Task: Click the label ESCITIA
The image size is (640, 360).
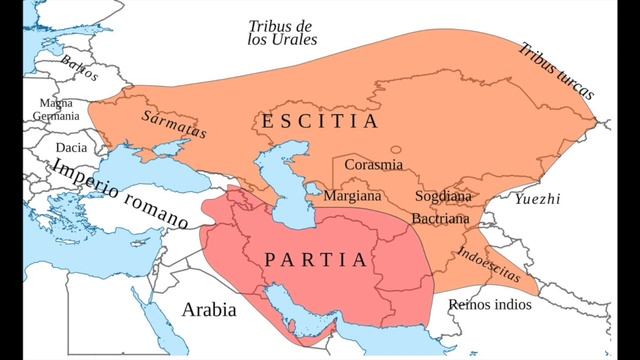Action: coord(320,122)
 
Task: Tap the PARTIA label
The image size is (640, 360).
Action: coord(315,259)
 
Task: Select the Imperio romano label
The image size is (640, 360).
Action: coord(120,192)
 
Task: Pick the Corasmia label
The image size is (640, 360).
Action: coord(373,163)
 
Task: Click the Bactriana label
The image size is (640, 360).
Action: coord(440,217)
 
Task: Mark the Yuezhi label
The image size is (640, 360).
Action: coord(537,200)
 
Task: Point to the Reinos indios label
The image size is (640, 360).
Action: coord(489,303)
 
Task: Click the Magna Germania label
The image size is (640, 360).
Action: coord(56,109)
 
